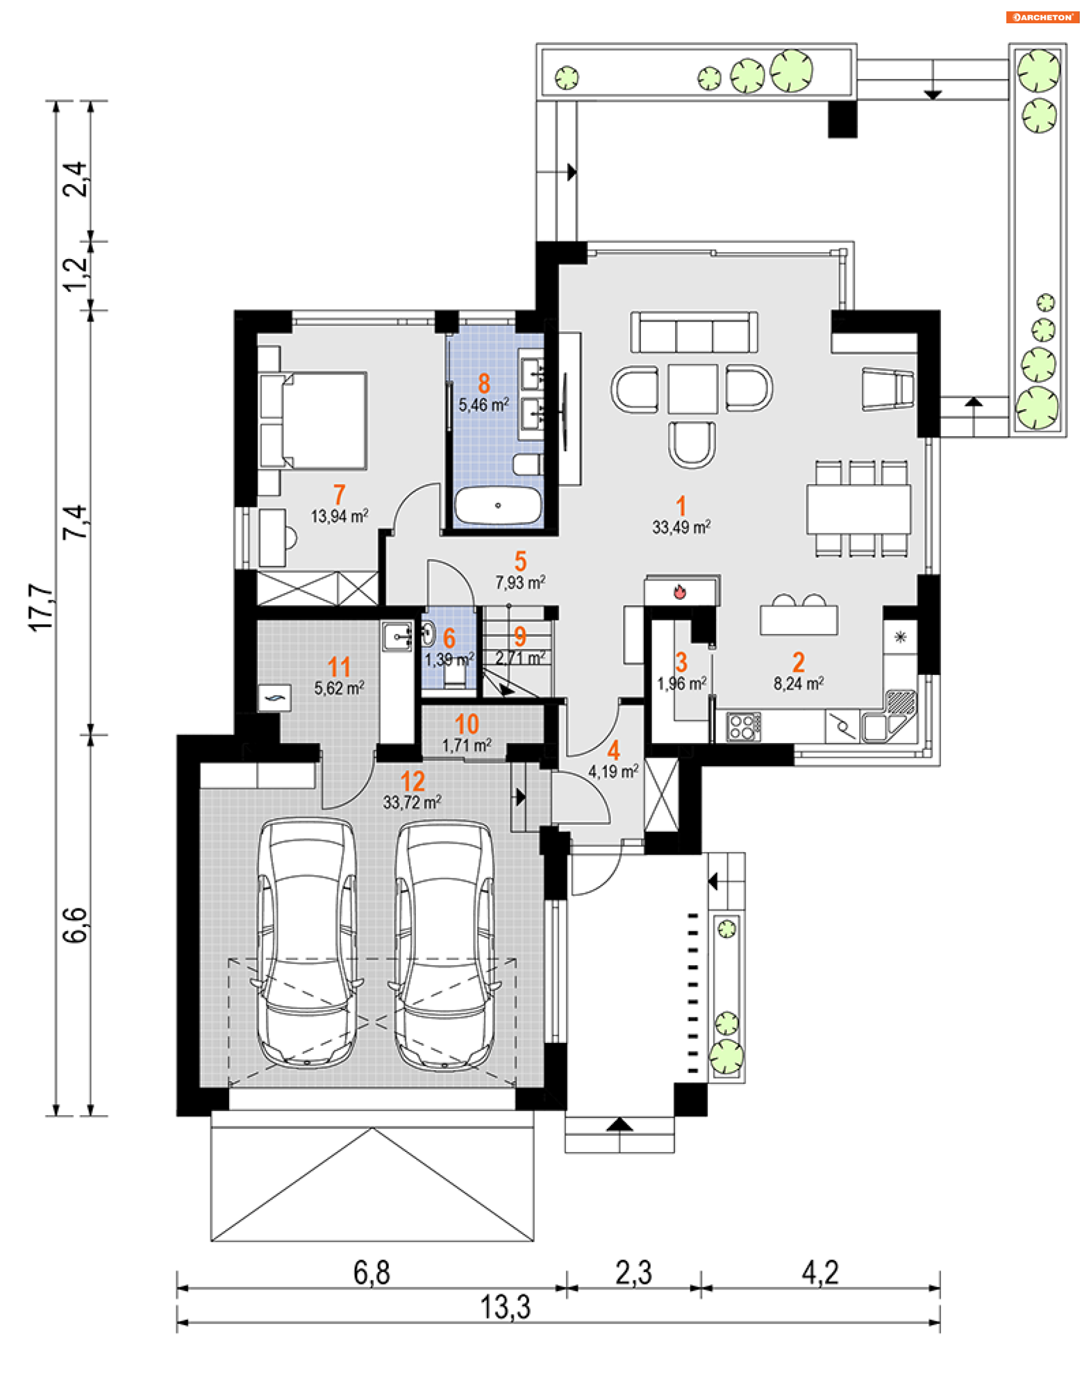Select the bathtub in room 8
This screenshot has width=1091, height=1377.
(x=498, y=506)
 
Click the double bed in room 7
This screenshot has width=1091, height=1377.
(x=313, y=421)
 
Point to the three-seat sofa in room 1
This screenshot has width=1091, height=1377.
(x=694, y=332)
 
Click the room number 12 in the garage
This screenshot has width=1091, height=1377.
(x=413, y=781)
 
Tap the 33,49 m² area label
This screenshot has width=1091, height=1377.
(x=681, y=527)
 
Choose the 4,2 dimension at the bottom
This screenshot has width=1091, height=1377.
(x=820, y=1272)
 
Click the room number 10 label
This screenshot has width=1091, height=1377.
(x=467, y=724)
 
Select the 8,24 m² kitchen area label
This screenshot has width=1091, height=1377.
(x=798, y=683)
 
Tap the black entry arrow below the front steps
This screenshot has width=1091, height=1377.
(x=619, y=1125)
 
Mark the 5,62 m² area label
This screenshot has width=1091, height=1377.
(x=339, y=688)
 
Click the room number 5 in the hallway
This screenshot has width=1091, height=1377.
(x=520, y=561)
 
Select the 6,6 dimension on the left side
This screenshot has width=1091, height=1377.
(x=76, y=924)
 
